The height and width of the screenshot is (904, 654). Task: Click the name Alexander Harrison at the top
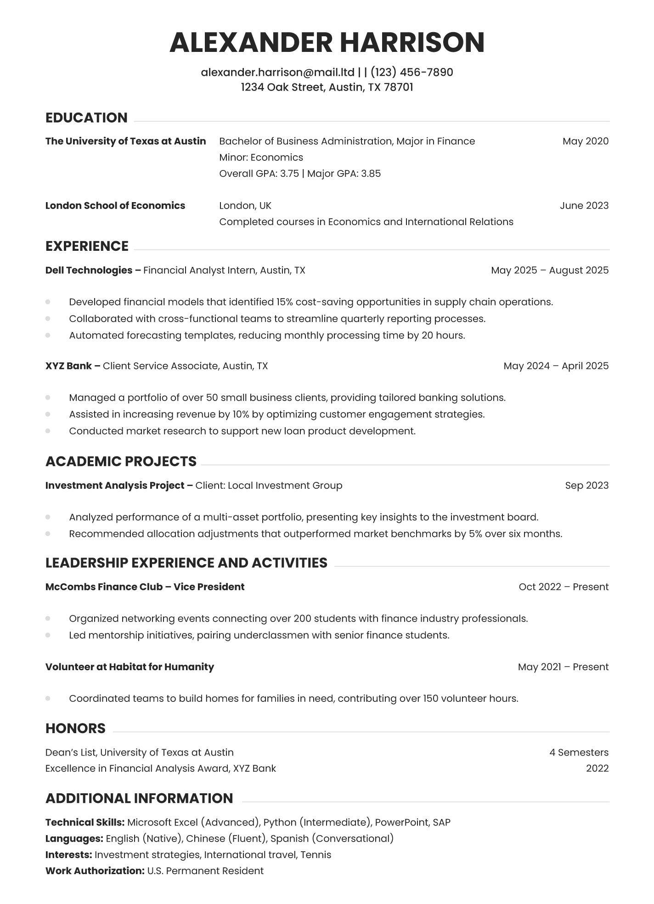pyautogui.click(x=327, y=42)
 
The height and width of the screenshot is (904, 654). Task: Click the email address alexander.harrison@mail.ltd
pyautogui.click(x=277, y=72)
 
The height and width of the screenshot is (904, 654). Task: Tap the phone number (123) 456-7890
pyautogui.click(x=412, y=72)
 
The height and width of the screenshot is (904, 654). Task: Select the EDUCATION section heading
pyautogui.click(x=86, y=118)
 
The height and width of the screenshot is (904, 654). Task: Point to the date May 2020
pyautogui.click(x=585, y=141)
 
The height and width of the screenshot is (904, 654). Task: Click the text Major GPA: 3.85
pyautogui.click(x=344, y=174)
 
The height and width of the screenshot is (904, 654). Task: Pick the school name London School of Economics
pyautogui.click(x=115, y=205)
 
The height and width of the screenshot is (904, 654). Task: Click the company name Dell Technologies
pyautogui.click(x=89, y=270)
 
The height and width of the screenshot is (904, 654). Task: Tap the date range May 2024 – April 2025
pyautogui.click(x=556, y=366)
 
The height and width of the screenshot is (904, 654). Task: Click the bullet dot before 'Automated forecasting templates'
pyautogui.click(x=48, y=335)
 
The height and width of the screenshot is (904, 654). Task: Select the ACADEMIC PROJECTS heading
pyautogui.click(x=121, y=461)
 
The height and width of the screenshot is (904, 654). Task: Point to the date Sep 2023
pyautogui.click(x=586, y=486)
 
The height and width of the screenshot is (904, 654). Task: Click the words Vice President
pyautogui.click(x=209, y=587)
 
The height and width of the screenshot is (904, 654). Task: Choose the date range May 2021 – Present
pyautogui.click(x=563, y=667)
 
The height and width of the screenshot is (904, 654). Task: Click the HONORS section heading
pyautogui.click(x=75, y=728)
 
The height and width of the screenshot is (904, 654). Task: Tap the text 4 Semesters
pyautogui.click(x=579, y=752)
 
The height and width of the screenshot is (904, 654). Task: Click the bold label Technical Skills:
pyautogui.click(x=85, y=822)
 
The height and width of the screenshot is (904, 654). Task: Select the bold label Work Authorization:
pyautogui.click(x=95, y=870)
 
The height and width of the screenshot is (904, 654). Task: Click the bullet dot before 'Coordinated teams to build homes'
pyautogui.click(x=48, y=698)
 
